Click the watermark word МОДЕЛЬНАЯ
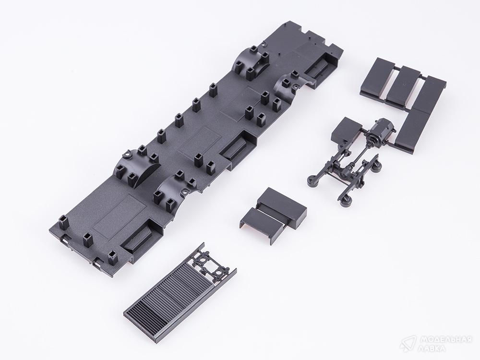pyautogui.click(x=445, y=339)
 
